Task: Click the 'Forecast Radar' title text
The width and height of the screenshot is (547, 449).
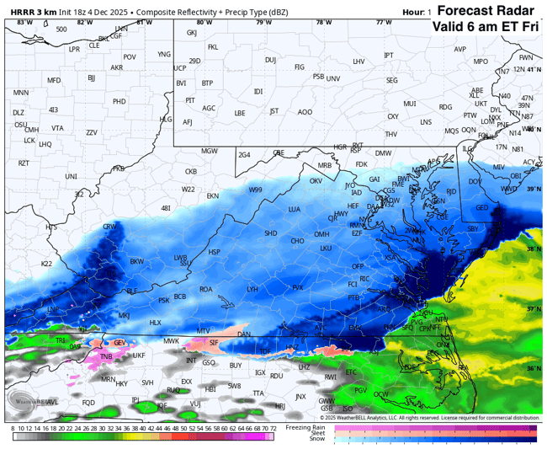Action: click(486, 11)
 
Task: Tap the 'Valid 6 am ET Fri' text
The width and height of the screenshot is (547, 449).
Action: click(486, 26)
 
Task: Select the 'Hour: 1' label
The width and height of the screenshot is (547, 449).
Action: click(417, 13)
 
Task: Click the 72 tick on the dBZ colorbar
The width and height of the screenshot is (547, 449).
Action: click(272, 429)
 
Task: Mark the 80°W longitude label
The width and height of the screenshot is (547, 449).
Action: click(204, 23)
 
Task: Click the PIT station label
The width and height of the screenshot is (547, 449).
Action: click(190, 100)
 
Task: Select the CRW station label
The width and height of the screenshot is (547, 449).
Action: click(109, 227)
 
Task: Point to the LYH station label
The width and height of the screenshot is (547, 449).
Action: click(252, 289)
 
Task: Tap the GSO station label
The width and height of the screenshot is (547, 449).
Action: click(209, 362)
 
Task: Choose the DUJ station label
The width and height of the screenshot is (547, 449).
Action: click(270, 60)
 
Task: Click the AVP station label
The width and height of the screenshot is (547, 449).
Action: click(459, 49)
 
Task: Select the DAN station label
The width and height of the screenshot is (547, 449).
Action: click(244, 334)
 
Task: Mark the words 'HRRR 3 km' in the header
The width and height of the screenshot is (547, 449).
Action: click(29, 12)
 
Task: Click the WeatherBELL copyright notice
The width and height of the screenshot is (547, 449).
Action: click(429, 418)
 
